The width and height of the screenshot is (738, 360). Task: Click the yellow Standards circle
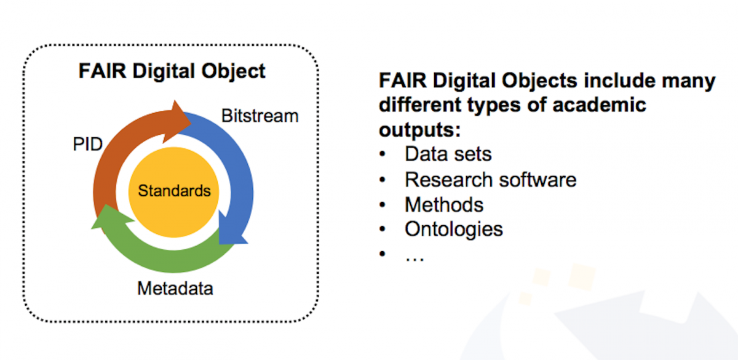pyautogui.click(x=173, y=192)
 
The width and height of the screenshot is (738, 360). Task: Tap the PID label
pyautogui.click(x=87, y=144)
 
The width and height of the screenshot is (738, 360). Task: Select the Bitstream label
pyautogui.click(x=260, y=116)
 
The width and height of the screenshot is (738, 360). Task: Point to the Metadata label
pyautogui.click(x=175, y=289)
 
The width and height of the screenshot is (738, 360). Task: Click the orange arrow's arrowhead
pyautogui.click(x=177, y=122)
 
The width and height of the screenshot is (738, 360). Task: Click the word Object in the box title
pyautogui.click(x=233, y=71)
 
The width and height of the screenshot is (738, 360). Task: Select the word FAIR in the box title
pyautogui.click(x=103, y=71)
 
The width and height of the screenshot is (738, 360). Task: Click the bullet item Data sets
pyautogui.click(x=448, y=154)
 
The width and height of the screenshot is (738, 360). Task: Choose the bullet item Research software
pyautogui.click(x=491, y=180)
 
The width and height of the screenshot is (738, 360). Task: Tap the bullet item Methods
pyautogui.click(x=444, y=205)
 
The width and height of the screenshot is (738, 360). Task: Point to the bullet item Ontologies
pyautogui.click(x=454, y=230)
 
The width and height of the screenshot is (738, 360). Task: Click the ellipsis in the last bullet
pyautogui.click(x=415, y=258)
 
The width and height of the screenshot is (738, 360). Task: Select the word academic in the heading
pyautogui.click(x=599, y=105)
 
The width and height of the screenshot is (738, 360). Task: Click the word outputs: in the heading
pyautogui.click(x=419, y=130)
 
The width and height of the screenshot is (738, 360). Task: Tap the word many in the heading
pyautogui.click(x=689, y=81)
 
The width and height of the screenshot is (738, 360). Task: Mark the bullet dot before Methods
pyautogui.click(x=382, y=205)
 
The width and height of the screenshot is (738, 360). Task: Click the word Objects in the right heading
pyautogui.click(x=539, y=81)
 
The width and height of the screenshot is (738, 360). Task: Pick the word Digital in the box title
pyautogui.click(x=164, y=71)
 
